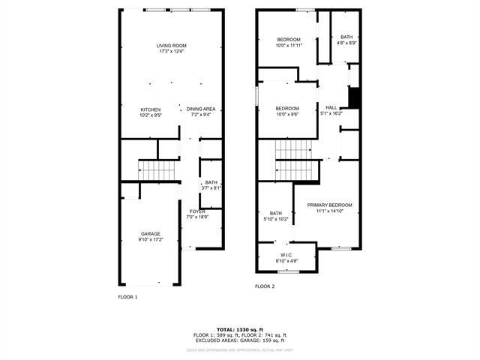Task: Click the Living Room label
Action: point(170,46)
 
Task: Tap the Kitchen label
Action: point(151,109)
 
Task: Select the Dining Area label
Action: point(201,109)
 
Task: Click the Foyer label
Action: point(197,211)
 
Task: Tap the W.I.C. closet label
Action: point(286,254)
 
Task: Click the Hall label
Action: point(331,107)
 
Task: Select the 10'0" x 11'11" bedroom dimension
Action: point(289,46)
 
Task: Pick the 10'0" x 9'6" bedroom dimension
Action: point(288,115)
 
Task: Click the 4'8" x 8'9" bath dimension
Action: point(346,43)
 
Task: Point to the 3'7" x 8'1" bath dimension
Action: point(211,188)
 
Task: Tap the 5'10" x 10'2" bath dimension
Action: point(276,220)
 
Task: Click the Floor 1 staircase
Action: point(157,171)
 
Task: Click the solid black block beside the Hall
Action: point(355,98)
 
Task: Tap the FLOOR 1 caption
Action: point(128,297)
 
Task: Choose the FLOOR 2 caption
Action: point(265,286)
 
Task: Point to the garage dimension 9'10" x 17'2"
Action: point(150,239)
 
